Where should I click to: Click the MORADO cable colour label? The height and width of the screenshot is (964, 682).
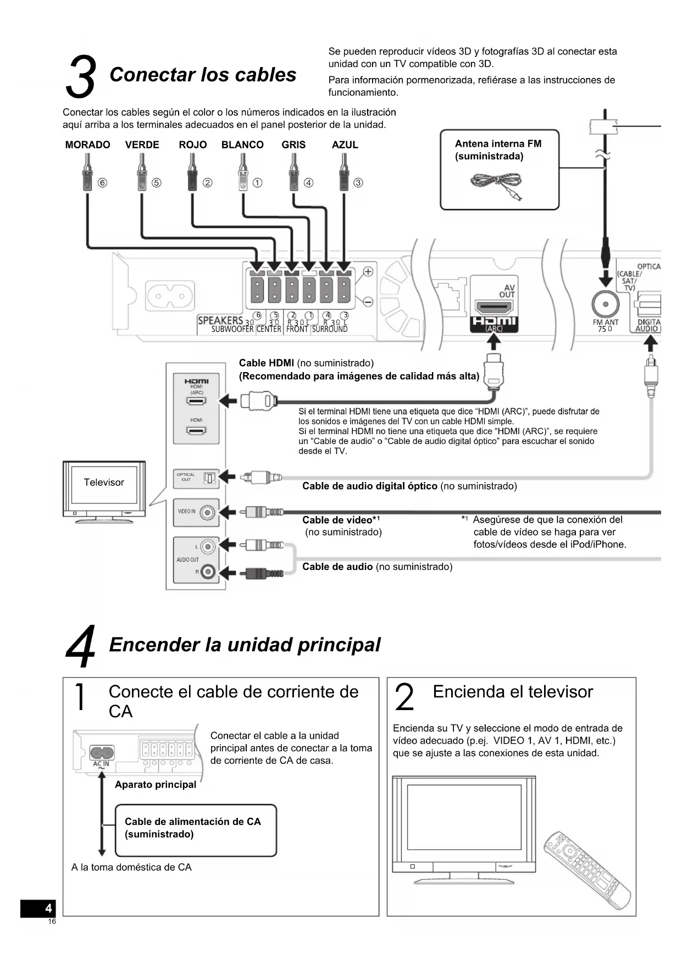[87, 145]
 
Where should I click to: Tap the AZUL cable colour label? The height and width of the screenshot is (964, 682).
[345, 145]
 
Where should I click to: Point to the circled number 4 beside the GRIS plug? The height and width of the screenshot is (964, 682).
[309, 182]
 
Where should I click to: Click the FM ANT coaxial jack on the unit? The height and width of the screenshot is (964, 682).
[605, 304]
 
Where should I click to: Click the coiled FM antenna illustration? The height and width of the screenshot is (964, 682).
[496, 185]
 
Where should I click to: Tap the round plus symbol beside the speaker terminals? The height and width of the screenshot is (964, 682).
[368, 271]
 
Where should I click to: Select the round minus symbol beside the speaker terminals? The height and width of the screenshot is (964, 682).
[368, 302]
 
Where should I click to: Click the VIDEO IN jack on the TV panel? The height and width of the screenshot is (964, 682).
[207, 513]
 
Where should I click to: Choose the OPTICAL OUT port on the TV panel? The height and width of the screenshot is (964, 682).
[209, 478]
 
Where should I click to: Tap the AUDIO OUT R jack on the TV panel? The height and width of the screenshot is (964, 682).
[207, 572]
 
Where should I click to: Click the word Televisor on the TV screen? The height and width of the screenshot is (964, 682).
[104, 483]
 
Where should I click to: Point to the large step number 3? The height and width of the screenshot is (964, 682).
[80, 77]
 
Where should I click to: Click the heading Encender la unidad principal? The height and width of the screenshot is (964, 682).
[245, 645]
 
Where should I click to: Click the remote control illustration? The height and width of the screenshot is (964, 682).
[586, 869]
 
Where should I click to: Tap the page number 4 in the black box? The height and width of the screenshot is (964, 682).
[48, 908]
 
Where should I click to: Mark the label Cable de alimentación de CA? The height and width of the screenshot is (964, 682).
[192, 822]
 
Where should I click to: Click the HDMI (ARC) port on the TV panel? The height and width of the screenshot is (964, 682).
[196, 401]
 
